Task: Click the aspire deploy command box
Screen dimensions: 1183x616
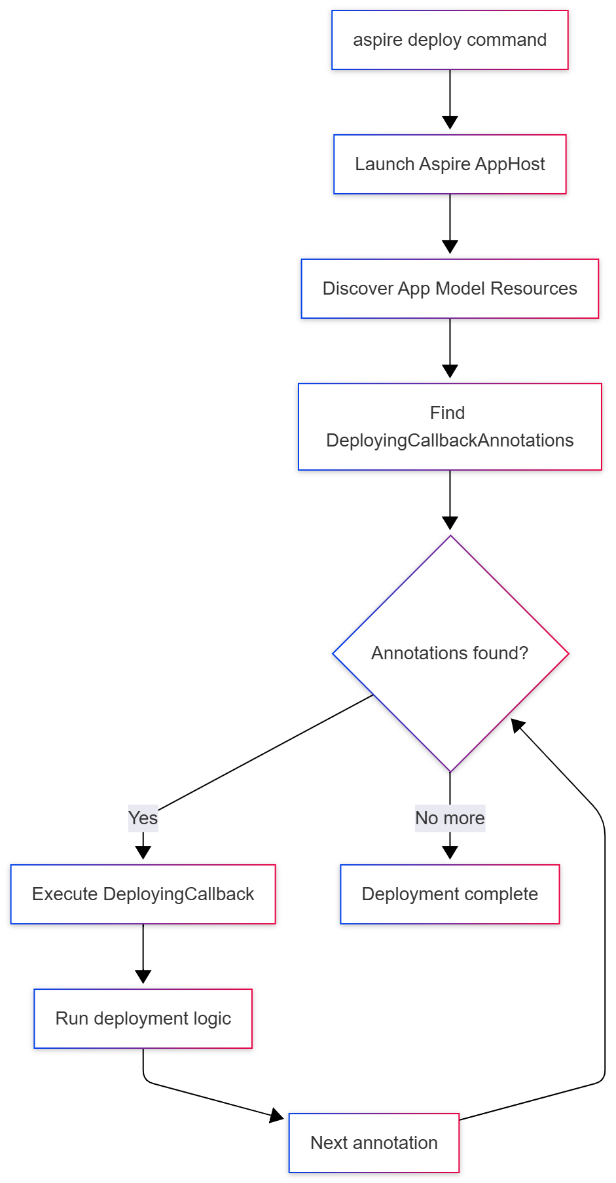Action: pyautogui.click(x=450, y=40)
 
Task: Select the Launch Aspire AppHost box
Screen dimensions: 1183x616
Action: pyautogui.click(x=450, y=164)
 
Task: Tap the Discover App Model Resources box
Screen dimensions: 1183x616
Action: pyautogui.click(x=450, y=289)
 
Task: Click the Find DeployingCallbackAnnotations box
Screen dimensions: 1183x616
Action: pyautogui.click(x=450, y=427)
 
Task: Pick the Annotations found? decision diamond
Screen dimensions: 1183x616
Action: pyautogui.click(x=450, y=653)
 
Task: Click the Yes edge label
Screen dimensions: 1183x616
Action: pyautogui.click(x=143, y=818)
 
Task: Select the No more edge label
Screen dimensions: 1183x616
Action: pyautogui.click(x=450, y=818)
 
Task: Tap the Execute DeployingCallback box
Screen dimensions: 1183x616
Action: pyautogui.click(x=143, y=894)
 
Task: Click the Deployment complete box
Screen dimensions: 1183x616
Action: pyautogui.click(x=450, y=894)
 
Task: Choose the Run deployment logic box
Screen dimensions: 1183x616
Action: pyautogui.click(x=143, y=1019)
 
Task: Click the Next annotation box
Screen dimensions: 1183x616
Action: pyautogui.click(x=374, y=1143)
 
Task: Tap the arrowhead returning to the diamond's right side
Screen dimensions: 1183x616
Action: pyautogui.click(x=518, y=725)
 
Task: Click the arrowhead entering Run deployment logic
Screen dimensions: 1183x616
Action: pyautogui.click(x=143, y=977)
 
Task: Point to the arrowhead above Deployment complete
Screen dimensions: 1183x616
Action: pyautogui.click(x=450, y=852)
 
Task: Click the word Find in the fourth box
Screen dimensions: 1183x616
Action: pyautogui.click(x=447, y=413)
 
